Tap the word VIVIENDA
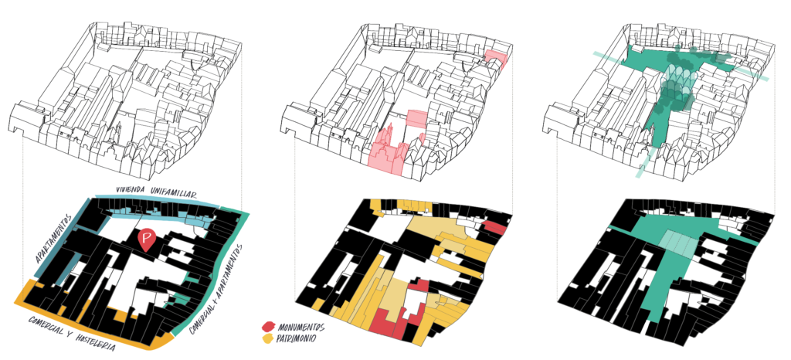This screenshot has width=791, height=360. point(133,189)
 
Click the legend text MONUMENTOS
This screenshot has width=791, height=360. point(301,328)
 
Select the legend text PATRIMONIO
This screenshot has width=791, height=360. point(297,339)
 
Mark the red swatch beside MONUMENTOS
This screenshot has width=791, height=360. point(269,328)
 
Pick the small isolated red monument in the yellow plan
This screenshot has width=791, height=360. point(495,227)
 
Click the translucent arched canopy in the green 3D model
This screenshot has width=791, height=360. point(679,86)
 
